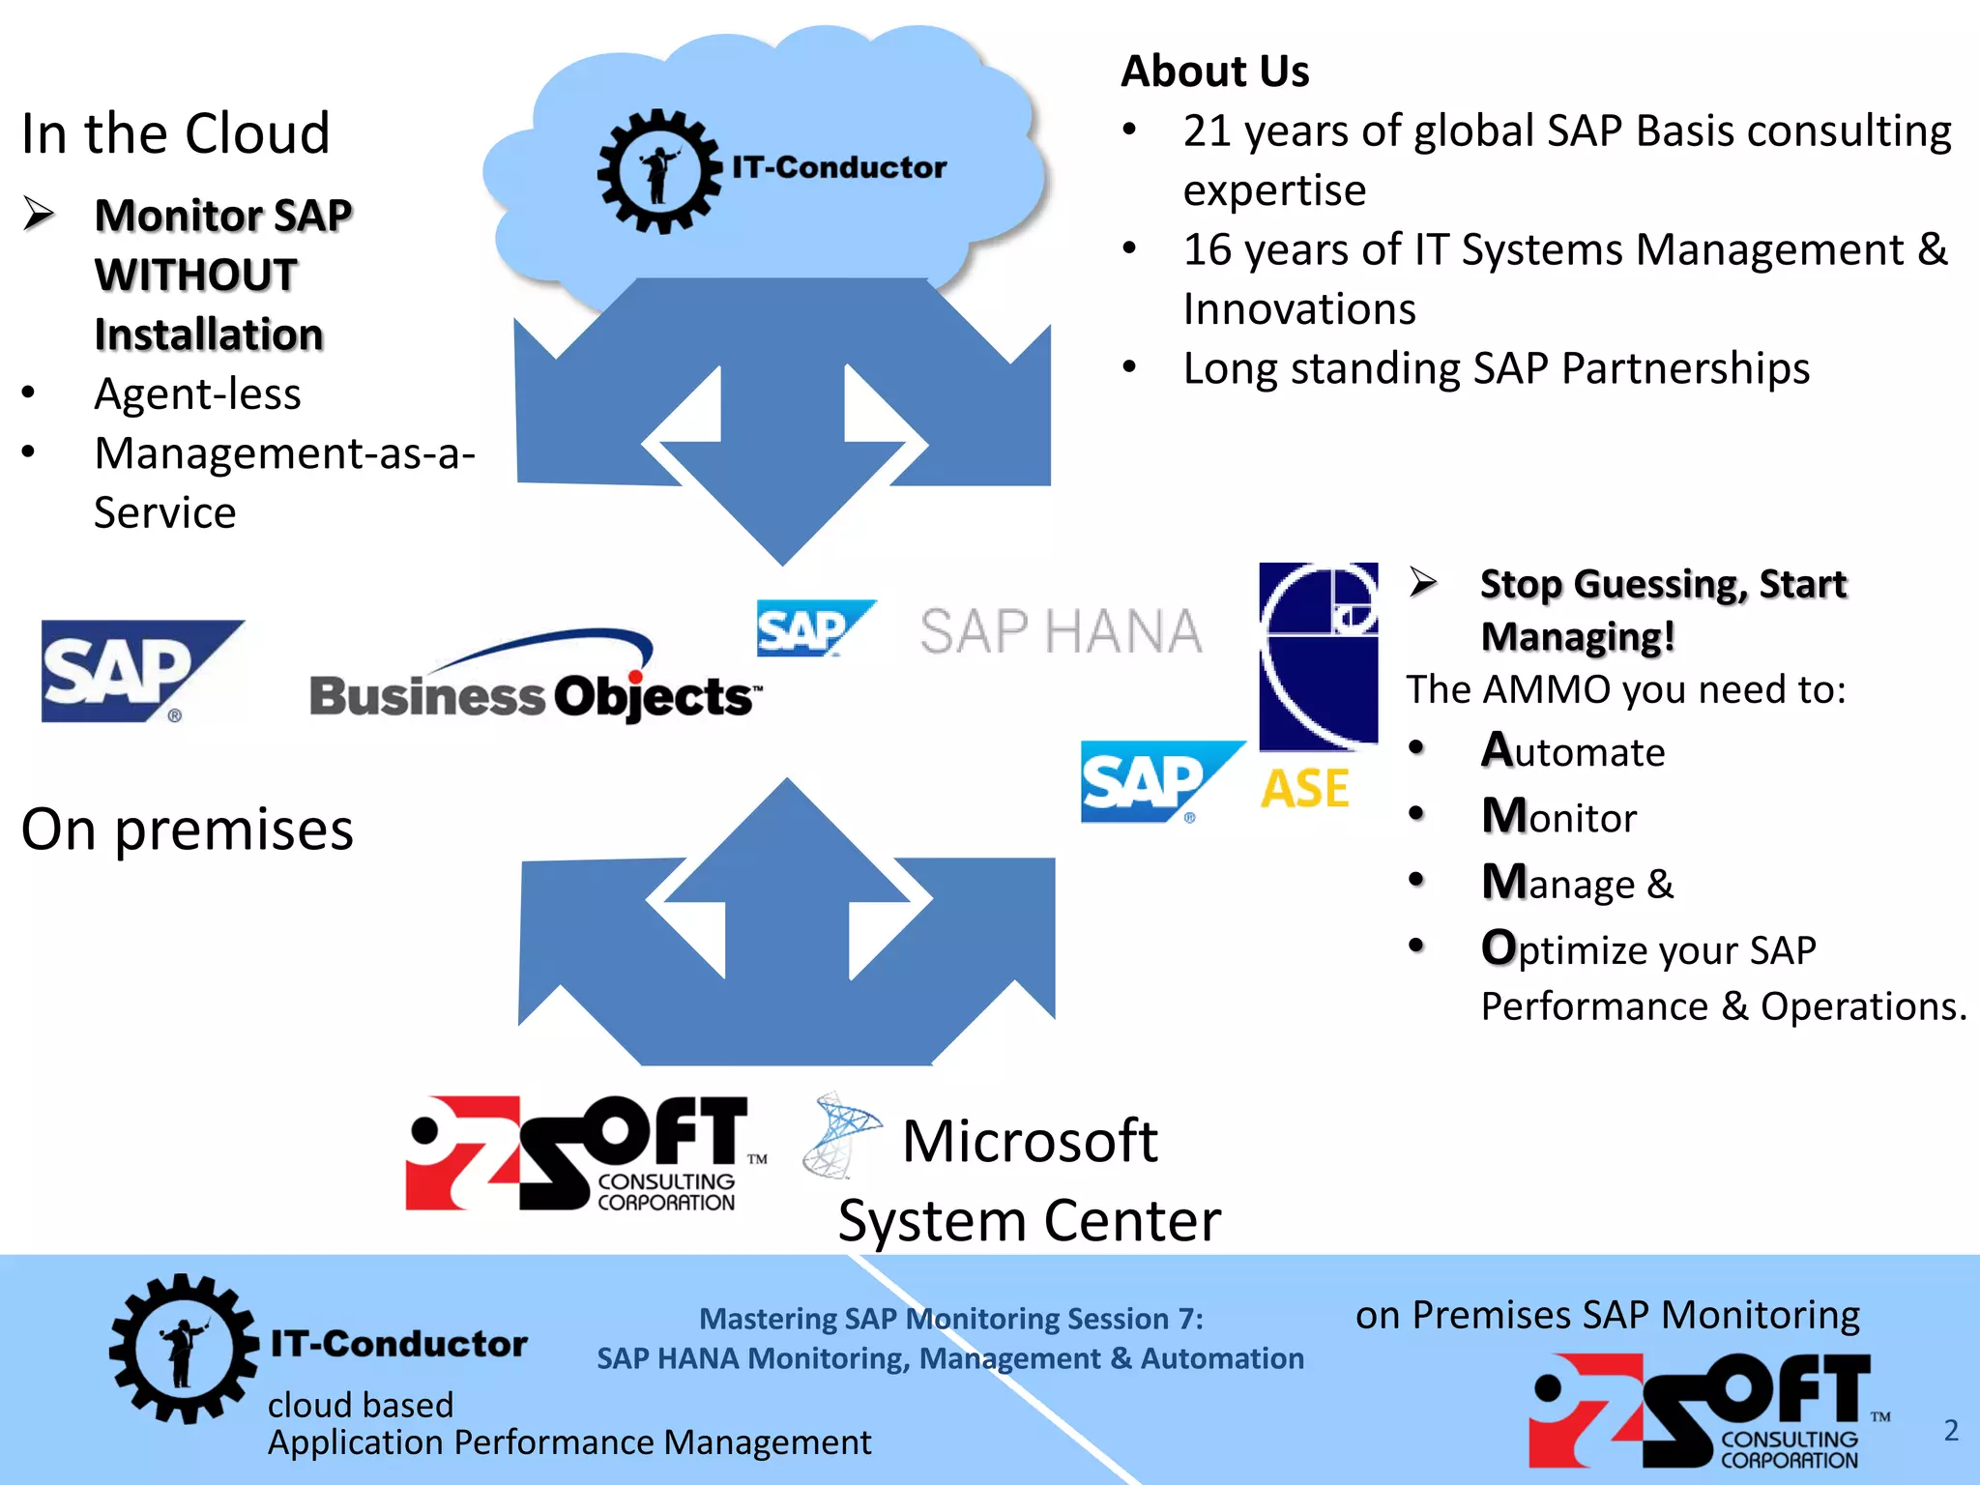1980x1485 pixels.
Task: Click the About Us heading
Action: (1214, 72)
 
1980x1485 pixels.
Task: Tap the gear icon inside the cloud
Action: (660, 171)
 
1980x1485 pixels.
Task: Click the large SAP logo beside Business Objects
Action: (141, 671)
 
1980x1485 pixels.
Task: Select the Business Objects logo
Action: (535, 682)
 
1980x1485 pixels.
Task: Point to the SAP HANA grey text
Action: (1061, 632)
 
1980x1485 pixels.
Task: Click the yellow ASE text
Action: (1304, 789)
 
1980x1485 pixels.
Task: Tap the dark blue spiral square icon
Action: (1318, 655)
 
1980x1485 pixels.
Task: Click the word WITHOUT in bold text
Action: (196, 276)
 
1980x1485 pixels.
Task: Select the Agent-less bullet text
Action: (197, 394)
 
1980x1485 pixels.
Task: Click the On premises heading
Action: (188, 830)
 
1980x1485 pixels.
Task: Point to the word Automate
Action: (1573, 751)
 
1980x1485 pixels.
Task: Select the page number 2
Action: (1951, 1430)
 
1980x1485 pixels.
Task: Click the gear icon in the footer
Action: (183, 1349)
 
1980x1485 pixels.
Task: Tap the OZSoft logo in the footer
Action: (1706, 1411)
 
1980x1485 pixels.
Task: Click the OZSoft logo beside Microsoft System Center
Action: (584, 1153)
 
